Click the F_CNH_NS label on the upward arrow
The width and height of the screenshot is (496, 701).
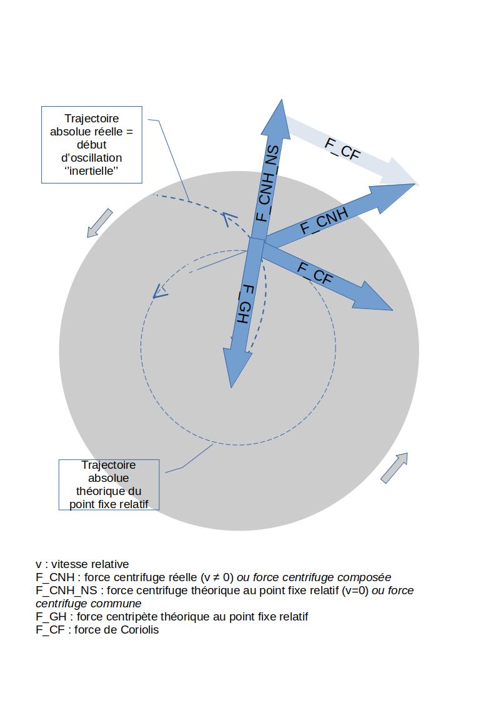click(267, 184)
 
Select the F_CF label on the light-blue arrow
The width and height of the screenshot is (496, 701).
click(342, 148)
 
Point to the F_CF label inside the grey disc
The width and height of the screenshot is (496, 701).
click(314, 274)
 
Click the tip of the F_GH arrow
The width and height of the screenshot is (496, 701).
click(232, 386)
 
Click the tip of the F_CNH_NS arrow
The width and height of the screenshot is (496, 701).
click(282, 100)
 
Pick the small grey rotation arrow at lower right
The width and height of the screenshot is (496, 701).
click(394, 467)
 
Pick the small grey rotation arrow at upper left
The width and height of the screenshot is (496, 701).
click(99, 223)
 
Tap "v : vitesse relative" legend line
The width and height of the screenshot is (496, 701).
click(82, 564)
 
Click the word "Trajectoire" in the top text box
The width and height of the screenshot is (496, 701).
click(92, 119)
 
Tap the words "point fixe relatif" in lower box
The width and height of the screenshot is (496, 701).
click(109, 504)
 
